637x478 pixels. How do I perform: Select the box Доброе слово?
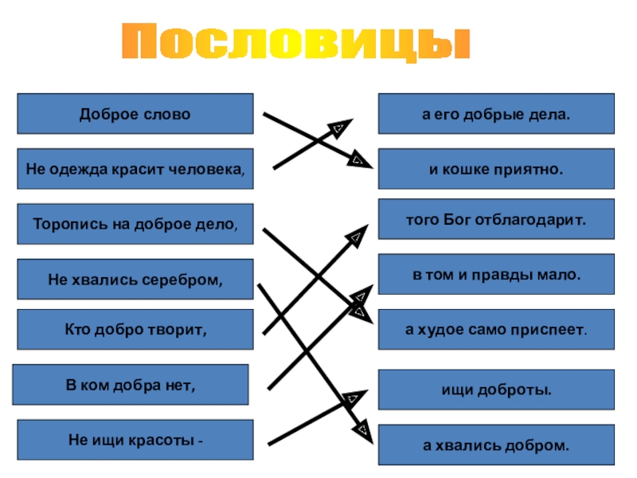point(135,114)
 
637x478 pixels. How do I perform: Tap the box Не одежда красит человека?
point(135,169)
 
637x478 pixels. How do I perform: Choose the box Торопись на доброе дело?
point(135,224)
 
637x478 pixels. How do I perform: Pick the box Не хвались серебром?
point(135,280)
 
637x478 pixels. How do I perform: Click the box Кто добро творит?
point(135,330)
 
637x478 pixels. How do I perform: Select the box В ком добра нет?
point(131,385)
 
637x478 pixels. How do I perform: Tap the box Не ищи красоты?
point(135,440)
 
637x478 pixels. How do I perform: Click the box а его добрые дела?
point(495,114)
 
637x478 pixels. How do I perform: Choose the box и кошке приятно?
point(495,169)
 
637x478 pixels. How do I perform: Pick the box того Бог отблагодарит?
point(495,219)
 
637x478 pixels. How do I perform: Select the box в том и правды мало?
point(495,274)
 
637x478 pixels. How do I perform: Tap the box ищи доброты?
point(495,390)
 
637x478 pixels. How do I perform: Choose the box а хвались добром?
point(495,445)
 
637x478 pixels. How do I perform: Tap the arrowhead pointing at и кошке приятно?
point(358,160)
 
